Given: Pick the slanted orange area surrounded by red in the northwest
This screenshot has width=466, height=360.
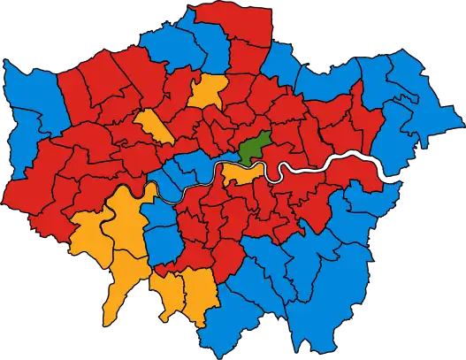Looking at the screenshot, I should pyautogui.click(x=152, y=126).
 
